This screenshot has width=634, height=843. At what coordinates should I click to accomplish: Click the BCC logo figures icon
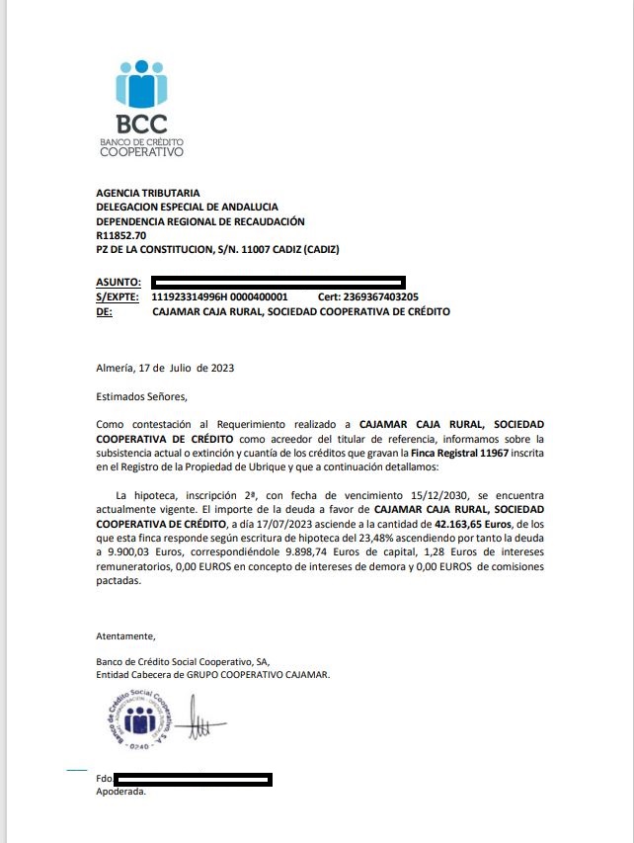point(141,84)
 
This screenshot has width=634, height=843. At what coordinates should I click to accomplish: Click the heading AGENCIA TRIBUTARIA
point(147,193)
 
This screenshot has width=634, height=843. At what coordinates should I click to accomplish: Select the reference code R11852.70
point(121,236)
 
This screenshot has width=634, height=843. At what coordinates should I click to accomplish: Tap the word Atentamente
point(125,635)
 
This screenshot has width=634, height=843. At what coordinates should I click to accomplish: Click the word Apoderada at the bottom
point(120,792)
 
